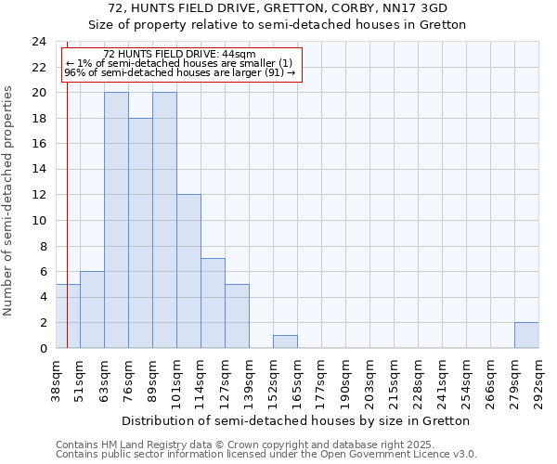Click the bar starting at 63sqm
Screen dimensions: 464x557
point(116,220)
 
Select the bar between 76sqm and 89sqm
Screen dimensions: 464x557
point(140,233)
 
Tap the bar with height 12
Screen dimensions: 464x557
point(188,271)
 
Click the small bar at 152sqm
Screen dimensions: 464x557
point(285,342)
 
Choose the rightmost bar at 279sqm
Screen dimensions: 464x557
point(526,335)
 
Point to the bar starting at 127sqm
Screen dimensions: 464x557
point(237,316)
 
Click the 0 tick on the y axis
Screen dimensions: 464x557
point(42,348)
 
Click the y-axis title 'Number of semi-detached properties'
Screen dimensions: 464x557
point(9,200)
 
